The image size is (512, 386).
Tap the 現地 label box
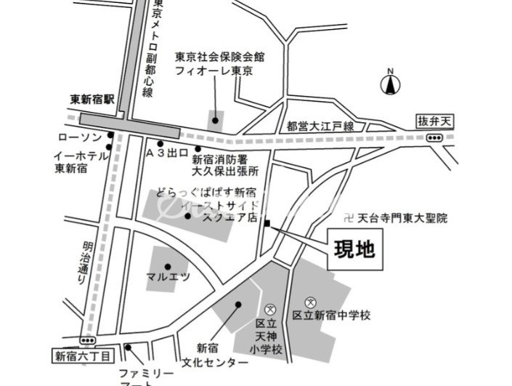tap(354, 249)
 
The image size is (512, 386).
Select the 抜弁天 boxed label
tap(433, 121)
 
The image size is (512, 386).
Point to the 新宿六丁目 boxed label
tap(84, 356)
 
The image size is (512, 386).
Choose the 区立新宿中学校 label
tap(332, 315)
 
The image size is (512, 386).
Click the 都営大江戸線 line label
tap(320, 126)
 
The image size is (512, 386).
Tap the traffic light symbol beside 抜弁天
tap(434, 138)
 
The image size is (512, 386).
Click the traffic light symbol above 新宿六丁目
tap(88, 339)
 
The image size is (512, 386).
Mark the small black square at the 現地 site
tap(267, 222)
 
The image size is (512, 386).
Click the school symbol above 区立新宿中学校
tap(310, 302)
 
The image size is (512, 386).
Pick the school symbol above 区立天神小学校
tap(270, 309)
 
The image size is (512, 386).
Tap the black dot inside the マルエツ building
tap(167, 265)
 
